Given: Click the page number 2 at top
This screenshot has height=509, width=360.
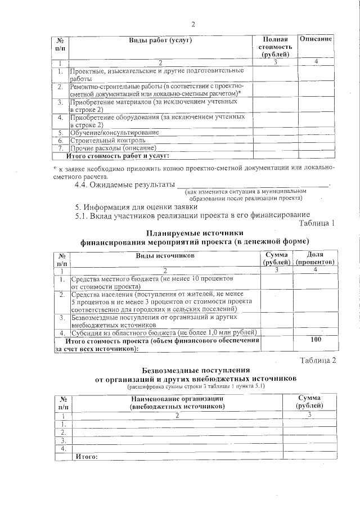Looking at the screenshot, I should point(193,24).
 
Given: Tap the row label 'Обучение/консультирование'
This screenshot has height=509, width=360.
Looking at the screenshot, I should point(113,132).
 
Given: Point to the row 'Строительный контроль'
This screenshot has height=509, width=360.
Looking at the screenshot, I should point(107,140).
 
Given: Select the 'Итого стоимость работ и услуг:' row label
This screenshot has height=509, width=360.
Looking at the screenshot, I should point(118,155).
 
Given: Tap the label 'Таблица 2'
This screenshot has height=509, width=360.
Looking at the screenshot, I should point(317,360).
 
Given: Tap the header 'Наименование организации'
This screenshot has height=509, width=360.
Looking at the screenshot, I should point(177,398).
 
